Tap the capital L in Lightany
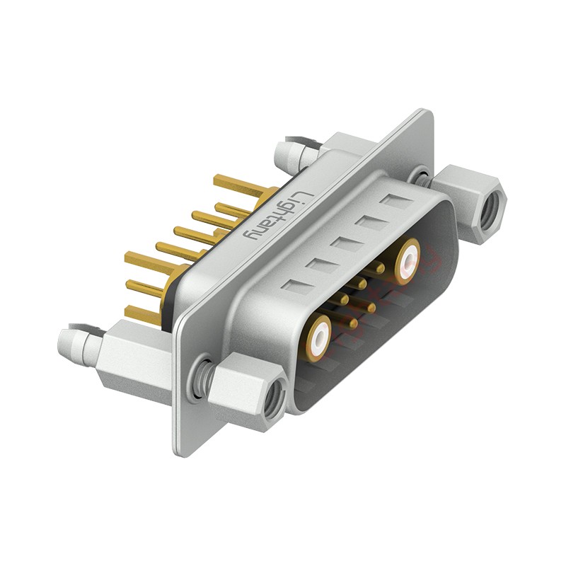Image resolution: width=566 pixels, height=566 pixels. point(300,195)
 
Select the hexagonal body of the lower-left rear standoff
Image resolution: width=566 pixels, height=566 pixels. point(131,361)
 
